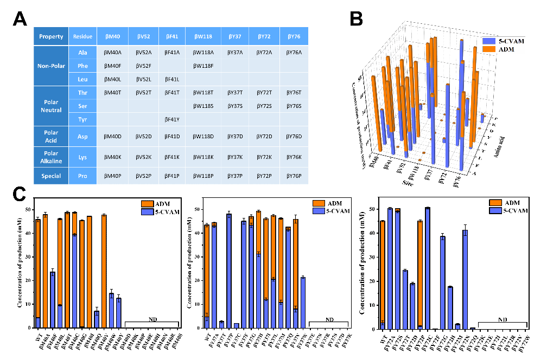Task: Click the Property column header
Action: click(x=51, y=37)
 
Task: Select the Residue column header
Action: click(x=82, y=37)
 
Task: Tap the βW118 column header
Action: click(x=202, y=37)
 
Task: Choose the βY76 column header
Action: click(x=294, y=37)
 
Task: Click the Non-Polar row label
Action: click(x=51, y=66)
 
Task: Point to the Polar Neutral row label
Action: click(x=51, y=106)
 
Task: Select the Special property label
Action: click(x=51, y=176)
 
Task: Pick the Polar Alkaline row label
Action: click(x=51, y=157)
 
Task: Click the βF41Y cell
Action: click(x=171, y=119)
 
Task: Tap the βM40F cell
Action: click(x=112, y=66)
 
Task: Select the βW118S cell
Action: click(x=203, y=106)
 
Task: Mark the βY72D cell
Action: click(x=264, y=137)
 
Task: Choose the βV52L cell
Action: click(x=143, y=79)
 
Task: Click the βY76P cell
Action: click(x=294, y=176)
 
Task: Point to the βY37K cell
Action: click(x=234, y=157)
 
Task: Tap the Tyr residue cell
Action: click(x=82, y=119)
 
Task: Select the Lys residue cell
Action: click(x=82, y=157)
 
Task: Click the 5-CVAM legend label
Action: click(x=511, y=41)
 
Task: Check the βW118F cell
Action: click(x=203, y=66)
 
